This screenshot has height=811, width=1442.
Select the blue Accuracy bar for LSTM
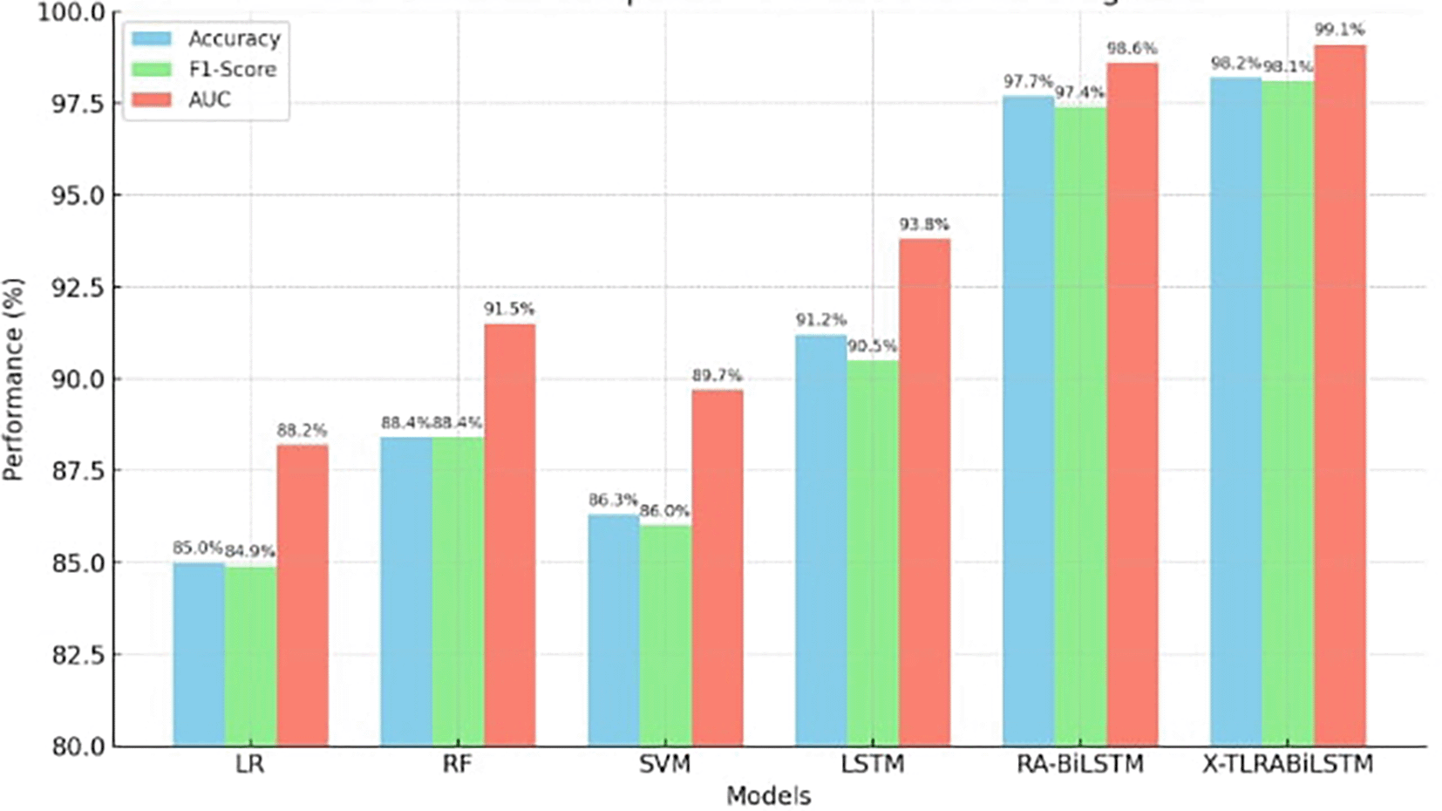(820, 540)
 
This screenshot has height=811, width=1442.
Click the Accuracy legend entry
(234, 39)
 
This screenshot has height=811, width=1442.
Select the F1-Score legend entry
(232, 70)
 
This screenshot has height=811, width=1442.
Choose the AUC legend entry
(209, 100)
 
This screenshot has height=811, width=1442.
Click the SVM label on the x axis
(664, 765)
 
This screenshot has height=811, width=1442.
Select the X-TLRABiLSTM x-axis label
(1288, 765)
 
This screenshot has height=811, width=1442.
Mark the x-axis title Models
(768, 796)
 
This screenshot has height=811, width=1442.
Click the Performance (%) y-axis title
(14, 379)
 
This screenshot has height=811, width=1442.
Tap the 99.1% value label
(1339, 31)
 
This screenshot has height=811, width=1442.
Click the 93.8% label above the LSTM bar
(924, 225)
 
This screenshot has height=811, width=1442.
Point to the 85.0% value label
(197, 548)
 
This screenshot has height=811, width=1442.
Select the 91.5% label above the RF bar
(509, 310)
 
